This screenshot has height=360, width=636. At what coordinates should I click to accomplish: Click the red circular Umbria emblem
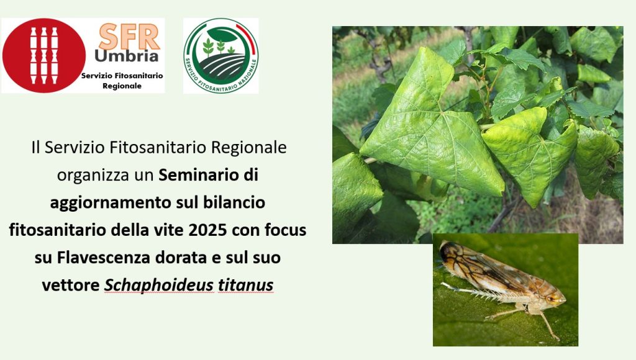pos(44,55)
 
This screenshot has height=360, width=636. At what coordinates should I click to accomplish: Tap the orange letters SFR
pos(129,37)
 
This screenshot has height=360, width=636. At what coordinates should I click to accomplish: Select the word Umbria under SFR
pos(126,56)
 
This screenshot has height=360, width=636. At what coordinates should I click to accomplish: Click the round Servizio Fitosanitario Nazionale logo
pos(220,55)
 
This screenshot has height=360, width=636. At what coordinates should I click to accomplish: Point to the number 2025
pos(207,230)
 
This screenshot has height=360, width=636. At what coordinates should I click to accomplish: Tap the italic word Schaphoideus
pos(159,285)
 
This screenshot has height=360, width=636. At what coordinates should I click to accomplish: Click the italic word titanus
pos(245,285)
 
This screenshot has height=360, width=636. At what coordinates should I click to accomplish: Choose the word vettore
pos(71,286)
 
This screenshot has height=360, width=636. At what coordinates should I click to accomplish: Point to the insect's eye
pos(552,299)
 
